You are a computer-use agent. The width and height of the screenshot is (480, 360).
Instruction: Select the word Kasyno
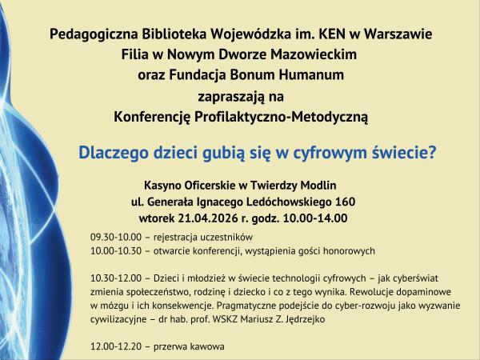click(164, 183)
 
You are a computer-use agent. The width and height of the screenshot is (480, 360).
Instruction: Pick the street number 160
click(345, 201)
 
